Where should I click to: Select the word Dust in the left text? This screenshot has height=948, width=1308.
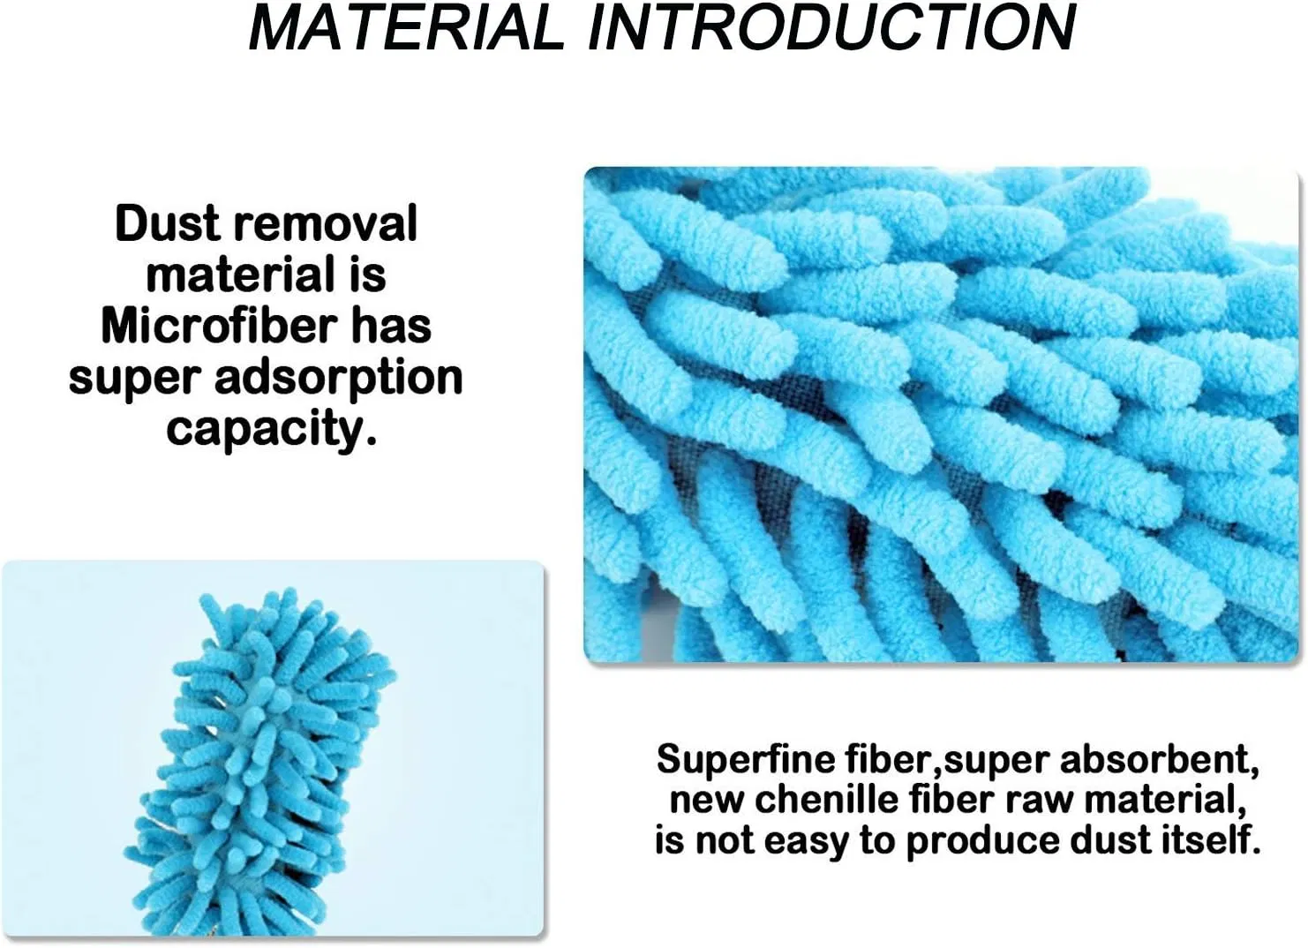pos(166,223)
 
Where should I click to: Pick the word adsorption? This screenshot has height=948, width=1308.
pos(338,378)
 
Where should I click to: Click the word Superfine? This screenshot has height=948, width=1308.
pos(746,759)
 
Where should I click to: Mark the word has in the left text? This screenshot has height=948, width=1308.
pos(391,326)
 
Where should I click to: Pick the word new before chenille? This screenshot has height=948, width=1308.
pos(708,800)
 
